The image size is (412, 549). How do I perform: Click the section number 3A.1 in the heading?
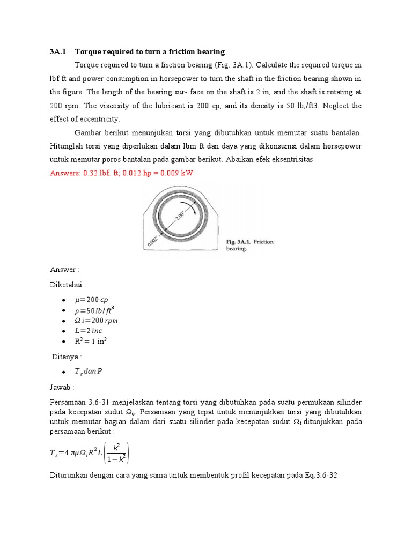[57, 51]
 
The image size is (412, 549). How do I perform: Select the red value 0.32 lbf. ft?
[106, 173]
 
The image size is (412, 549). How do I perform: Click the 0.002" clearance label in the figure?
[152, 240]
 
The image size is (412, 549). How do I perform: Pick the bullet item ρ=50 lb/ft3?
[94, 310]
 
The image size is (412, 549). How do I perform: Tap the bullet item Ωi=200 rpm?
[96, 321]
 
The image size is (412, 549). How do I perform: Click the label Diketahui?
[68, 285]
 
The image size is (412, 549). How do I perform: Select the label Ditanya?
[67, 357]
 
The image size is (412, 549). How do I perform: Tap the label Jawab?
[62, 387]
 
